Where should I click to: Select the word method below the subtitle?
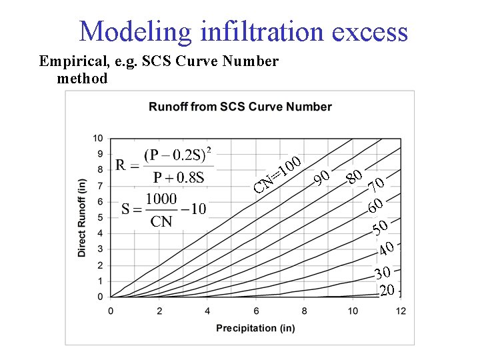[83, 79]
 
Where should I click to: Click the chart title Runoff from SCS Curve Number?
[240, 107]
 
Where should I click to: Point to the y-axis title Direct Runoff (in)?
[82, 217]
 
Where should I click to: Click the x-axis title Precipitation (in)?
[255, 327]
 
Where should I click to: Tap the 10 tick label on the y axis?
[97, 139]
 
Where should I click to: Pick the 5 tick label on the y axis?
[100, 217]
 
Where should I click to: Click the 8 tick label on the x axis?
[304, 311]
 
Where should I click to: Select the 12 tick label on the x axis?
[400, 311]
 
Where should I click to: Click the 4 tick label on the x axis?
[207, 311]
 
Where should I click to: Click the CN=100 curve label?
[279, 172]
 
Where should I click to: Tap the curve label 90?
[323, 178]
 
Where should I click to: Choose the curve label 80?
[355, 177]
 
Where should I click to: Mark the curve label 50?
[381, 229]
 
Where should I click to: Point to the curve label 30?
[382, 273]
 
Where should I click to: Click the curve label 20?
[387, 290]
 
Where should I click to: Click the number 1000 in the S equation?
[161, 199]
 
